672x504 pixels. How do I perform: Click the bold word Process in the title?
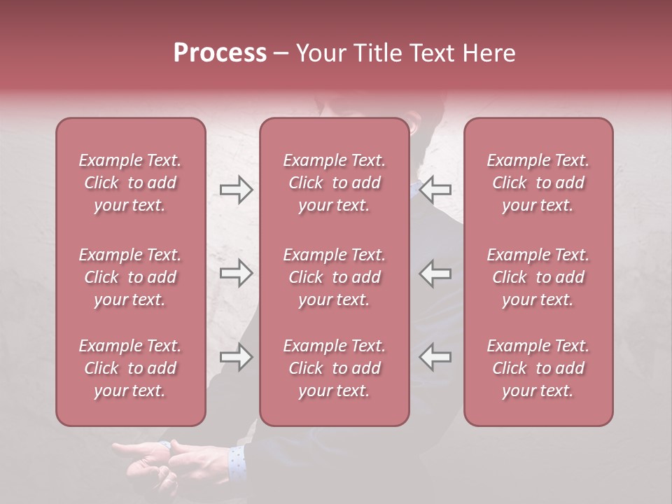(220, 53)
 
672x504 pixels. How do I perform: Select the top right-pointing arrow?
(236, 190)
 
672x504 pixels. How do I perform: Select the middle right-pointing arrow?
(236, 273)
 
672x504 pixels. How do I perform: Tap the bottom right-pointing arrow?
(236, 357)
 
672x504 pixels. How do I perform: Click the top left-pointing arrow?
(435, 190)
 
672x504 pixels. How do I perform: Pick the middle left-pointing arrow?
(435, 273)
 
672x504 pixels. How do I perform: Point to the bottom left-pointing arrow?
(435, 357)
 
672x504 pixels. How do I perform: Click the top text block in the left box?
(130, 183)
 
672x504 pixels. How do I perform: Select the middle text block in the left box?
(130, 277)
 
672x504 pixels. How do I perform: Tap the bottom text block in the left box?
(130, 368)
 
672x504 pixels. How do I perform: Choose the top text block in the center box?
(334, 183)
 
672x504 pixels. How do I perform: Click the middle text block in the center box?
(334, 277)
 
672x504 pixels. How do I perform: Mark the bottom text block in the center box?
(334, 368)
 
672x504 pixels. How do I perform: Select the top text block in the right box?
(538, 183)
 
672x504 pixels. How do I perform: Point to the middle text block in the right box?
(538, 277)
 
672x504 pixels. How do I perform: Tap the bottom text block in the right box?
(538, 368)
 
